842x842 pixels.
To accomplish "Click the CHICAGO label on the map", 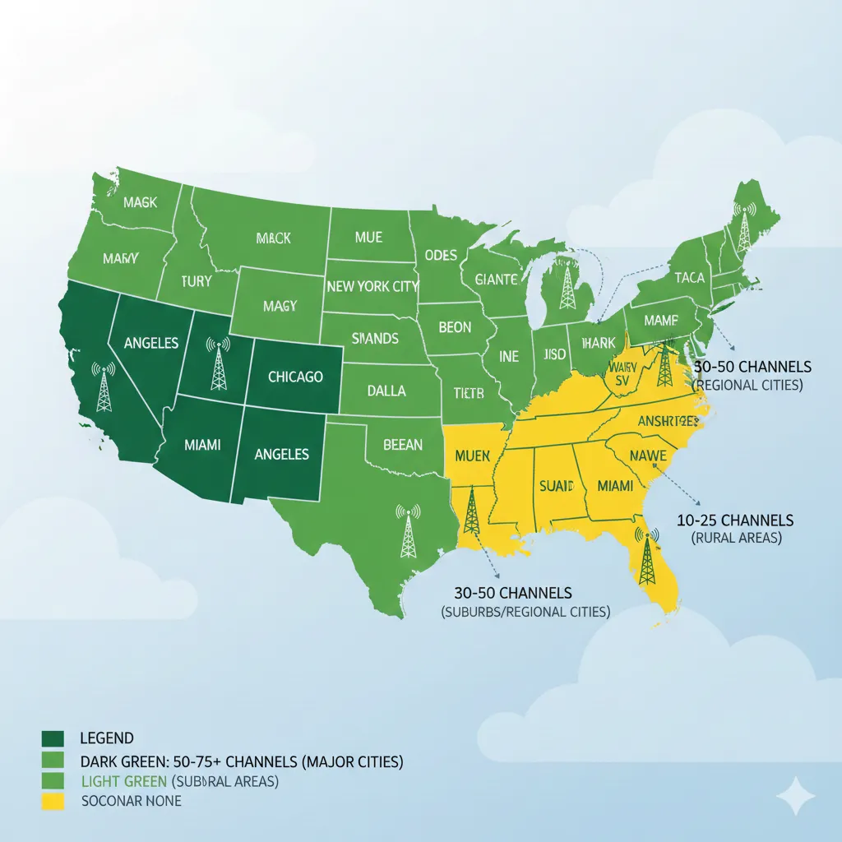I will [295, 377].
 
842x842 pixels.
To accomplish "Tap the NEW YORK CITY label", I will [372, 287].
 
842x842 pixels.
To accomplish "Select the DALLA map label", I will [386, 391].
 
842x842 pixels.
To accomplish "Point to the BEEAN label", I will [403, 445].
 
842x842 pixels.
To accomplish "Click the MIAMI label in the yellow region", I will [615, 486].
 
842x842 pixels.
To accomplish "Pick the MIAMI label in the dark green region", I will [202, 445].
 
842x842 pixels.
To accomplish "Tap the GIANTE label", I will [497, 280].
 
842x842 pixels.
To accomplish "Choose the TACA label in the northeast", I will [689, 278].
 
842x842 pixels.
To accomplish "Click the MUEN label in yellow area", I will [472, 455].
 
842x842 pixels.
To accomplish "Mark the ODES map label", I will [441, 255].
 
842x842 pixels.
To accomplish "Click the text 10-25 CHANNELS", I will [735, 520].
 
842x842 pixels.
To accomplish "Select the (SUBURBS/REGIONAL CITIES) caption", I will [525, 611].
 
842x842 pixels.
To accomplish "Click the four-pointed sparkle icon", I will [796, 797].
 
